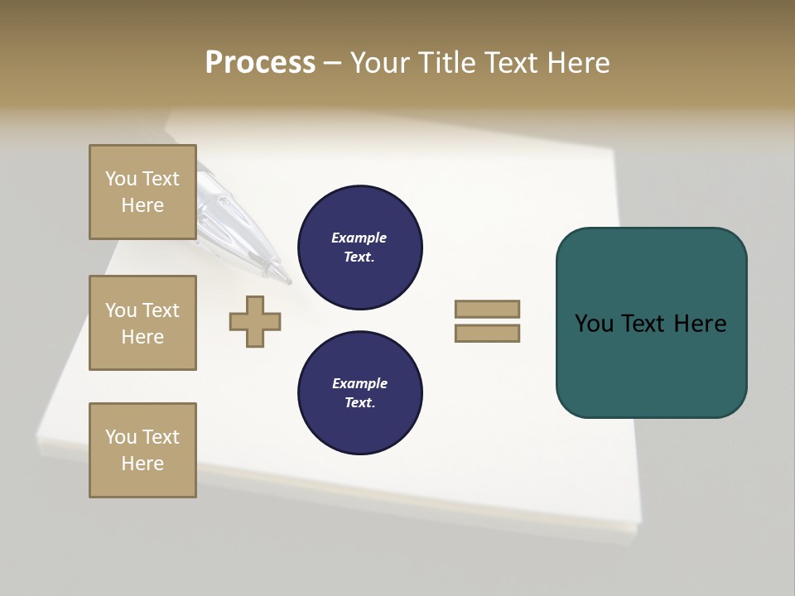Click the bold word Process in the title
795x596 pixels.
[260, 63]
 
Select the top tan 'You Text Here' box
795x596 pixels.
[142, 192]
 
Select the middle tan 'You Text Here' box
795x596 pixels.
[142, 323]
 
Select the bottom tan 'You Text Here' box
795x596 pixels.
[142, 450]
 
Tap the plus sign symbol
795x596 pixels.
[255, 321]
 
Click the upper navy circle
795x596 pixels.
[359, 248]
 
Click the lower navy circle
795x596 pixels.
[359, 393]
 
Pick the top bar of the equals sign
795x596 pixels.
[487, 309]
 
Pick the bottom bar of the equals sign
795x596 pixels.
[487, 333]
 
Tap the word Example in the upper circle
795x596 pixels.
[359, 238]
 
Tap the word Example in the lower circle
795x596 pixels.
[359, 383]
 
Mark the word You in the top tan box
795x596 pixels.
[120, 179]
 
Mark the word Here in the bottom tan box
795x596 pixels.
[142, 464]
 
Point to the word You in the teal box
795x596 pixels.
[594, 324]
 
